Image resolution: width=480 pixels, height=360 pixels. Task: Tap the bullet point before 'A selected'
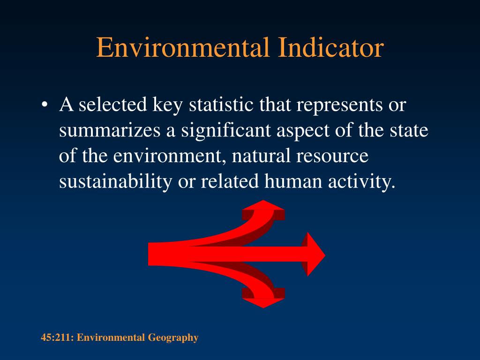click(x=44, y=105)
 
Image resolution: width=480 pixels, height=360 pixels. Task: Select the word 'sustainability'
click(x=115, y=181)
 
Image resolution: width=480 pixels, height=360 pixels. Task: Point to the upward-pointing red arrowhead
click(x=264, y=207)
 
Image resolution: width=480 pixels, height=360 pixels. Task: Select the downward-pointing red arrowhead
click(x=263, y=302)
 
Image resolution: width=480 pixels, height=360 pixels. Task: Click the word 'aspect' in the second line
click(x=299, y=130)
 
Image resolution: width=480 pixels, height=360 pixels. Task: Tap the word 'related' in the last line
click(x=230, y=181)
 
